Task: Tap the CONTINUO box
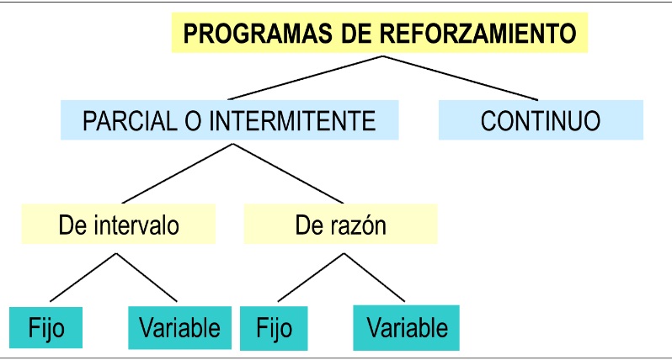pyautogui.click(x=541, y=120)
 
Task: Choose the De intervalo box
pyautogui.click(x=118, y=225)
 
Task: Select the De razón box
pyautogui.click(x=340, y=225)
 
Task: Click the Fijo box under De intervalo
pyautogui.click(x=46, y=326)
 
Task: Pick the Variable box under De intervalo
pyautogui.click(x=179, y=326)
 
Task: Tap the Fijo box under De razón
pyautogui.click(x=273, y=326)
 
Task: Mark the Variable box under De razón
pyautogui.click(x=407, y=326)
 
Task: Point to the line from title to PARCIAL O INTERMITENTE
pyautogui.click(x=307, y=78)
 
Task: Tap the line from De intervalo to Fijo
pyautogui.click(x=83, y=277)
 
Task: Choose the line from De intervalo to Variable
pyautogui.click(x=147, y=277)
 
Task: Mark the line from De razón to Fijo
pyautogui.click(x=309, y=277)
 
